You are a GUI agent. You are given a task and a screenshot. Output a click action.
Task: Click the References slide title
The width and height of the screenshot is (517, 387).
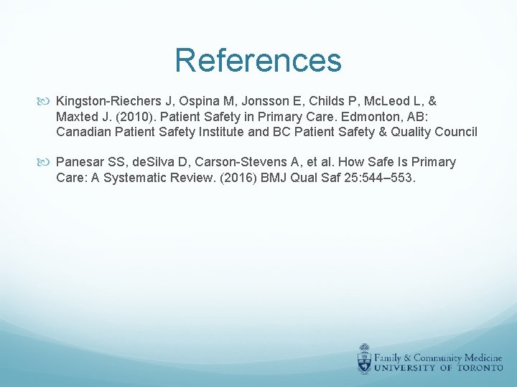point(258,61)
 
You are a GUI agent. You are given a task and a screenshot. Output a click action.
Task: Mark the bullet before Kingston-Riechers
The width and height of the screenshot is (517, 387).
point(47,102)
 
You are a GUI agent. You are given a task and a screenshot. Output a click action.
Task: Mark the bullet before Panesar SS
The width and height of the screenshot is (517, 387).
point(47,162)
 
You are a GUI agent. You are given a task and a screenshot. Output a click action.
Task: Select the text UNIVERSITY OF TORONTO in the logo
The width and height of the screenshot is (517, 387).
point(439,367)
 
